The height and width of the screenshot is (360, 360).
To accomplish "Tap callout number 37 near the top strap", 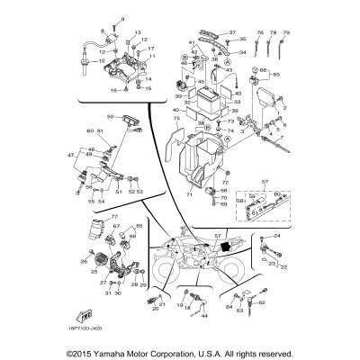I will [x=231, y=32].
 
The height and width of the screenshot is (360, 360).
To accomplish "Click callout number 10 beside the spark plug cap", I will [x=89, y=61].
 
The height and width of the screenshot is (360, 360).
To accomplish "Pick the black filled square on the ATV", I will [x=222, y=247].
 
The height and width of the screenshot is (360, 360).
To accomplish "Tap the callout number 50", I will [x=110, y=117].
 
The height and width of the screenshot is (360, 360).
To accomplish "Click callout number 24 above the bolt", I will [x=277, y=236].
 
